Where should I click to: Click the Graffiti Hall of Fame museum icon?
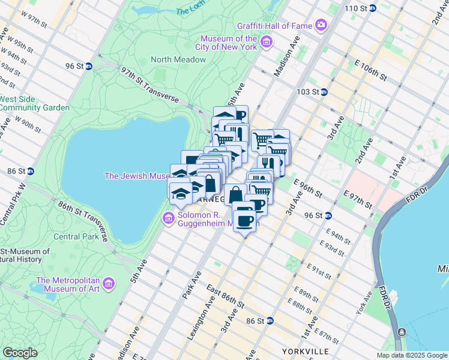click(x=322, y=25)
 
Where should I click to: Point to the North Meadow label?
click(x=178, y=59)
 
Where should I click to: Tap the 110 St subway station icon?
click(x=373, y=8)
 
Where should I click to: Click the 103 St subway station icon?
click(x=324, y=92)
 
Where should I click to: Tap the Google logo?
click(x=20, y=352)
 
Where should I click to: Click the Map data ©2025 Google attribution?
click(x=411, y=355)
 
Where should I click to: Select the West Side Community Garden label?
click(x=34, y=103)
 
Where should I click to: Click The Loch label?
click(x=190, y=11)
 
